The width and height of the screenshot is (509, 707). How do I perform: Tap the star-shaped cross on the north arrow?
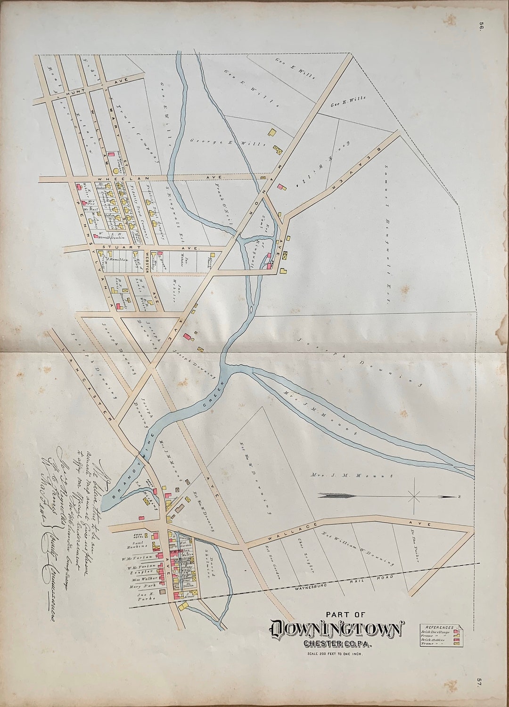[x=414, y=496]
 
